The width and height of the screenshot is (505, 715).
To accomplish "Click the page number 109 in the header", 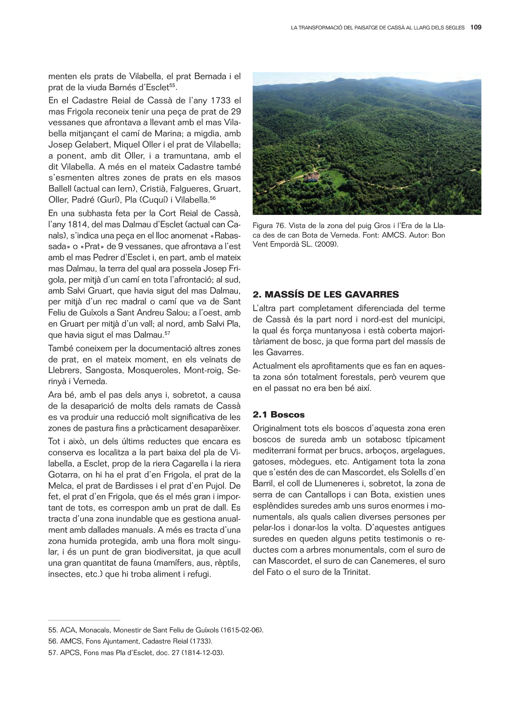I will pos(476,27).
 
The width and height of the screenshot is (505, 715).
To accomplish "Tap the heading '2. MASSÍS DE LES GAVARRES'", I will pos(326,295).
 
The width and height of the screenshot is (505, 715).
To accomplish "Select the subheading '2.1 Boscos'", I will pos(278,415).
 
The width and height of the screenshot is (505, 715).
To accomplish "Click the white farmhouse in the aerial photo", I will pos(312,178).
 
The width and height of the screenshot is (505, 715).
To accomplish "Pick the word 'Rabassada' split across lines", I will pos(226,236).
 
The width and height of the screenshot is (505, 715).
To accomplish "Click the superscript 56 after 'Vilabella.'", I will pos(212,198).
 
